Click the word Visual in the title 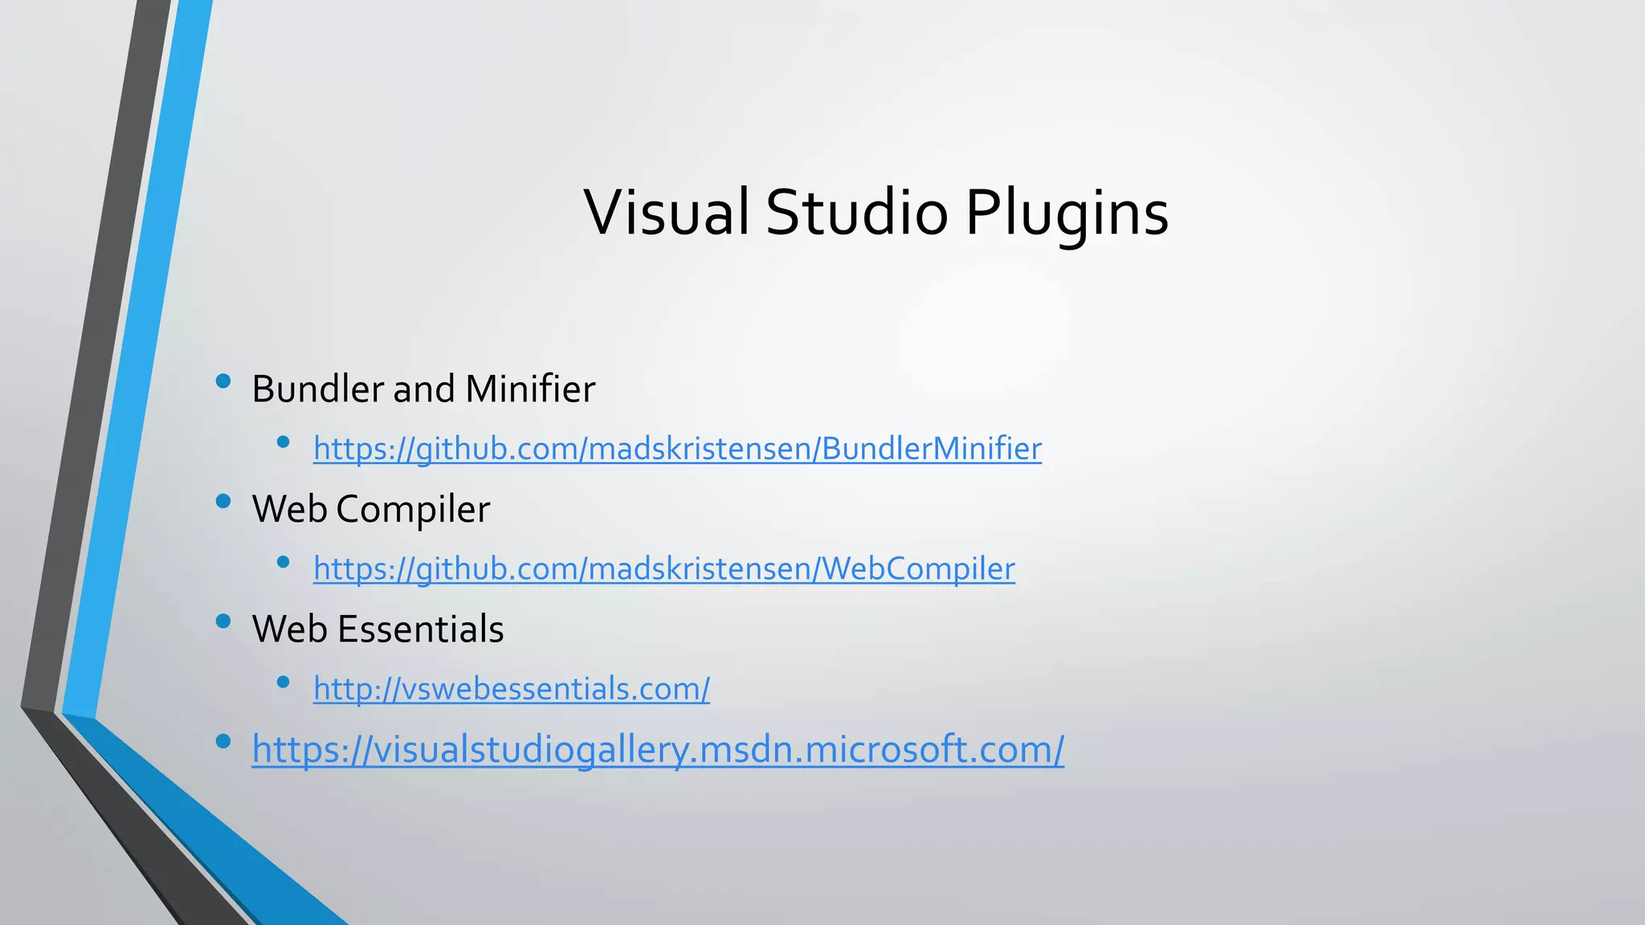tap(667, 212)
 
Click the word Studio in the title tap(857, 212)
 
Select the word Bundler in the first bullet tap(318, 389)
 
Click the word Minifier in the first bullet tap(530, 389)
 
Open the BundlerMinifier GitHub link tap(677, 448)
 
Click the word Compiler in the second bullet tap(413, 510)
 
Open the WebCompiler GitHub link tap(663, 568)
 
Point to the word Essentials tap(420, 629)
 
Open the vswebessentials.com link tap(511, 688)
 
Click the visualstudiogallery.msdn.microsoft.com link tap(658, 749)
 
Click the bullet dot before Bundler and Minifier tap(223, 381)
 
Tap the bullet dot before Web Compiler tap(223, 502)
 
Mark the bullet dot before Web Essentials tap(223, 621)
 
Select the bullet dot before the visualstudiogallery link tap(223, 741)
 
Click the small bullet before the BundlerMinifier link tap(283, 442)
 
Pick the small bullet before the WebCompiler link tap(283, 562)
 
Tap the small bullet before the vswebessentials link tap(283, 683)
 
